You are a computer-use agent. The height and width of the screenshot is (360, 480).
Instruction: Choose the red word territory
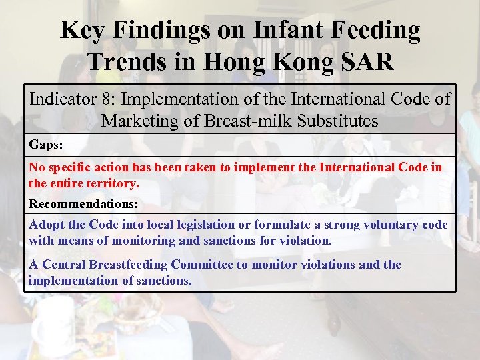point(113,183)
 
